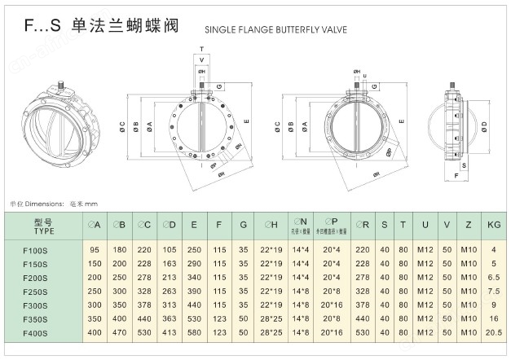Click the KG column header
[x=494, y=224]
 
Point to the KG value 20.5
[x=494, y=334]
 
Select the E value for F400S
[x=194, y=334]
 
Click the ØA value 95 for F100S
[x=95, y=249]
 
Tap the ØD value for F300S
[x=170, y=305]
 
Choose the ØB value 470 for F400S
[x=119, y=334]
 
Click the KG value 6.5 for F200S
[x=494, y=278]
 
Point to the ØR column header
[x=363, y=224]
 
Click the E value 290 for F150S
[x=194, y=264]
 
